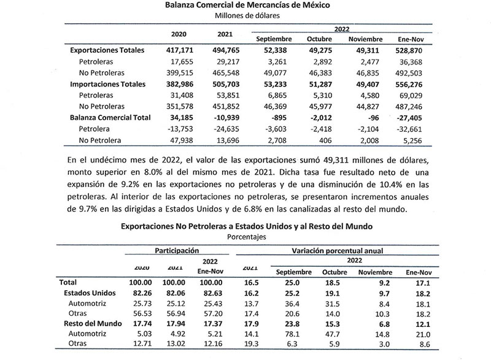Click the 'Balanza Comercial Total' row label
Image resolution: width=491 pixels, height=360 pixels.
110,117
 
